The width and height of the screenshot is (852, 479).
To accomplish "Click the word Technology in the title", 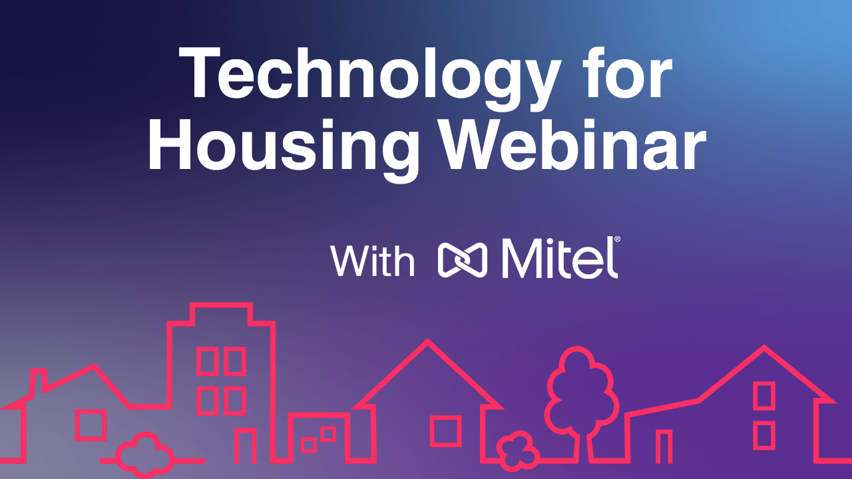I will (366, 79).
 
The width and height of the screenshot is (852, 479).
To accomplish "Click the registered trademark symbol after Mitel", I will (616, 238).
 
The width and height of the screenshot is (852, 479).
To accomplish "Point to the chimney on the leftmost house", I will (39, 383).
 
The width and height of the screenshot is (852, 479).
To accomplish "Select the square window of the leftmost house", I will (91, 425).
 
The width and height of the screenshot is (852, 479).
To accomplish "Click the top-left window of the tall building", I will (206, 361).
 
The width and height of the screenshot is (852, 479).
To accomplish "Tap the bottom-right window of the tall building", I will (234, 400).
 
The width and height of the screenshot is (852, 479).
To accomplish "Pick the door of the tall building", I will (245, 446).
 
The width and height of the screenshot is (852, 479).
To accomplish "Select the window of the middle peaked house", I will (445, 430).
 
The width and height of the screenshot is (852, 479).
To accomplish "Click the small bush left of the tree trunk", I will (517, 450).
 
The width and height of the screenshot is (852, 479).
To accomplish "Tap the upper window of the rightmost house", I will (763, 396).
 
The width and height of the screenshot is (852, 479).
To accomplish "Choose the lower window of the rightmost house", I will (763, 434).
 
